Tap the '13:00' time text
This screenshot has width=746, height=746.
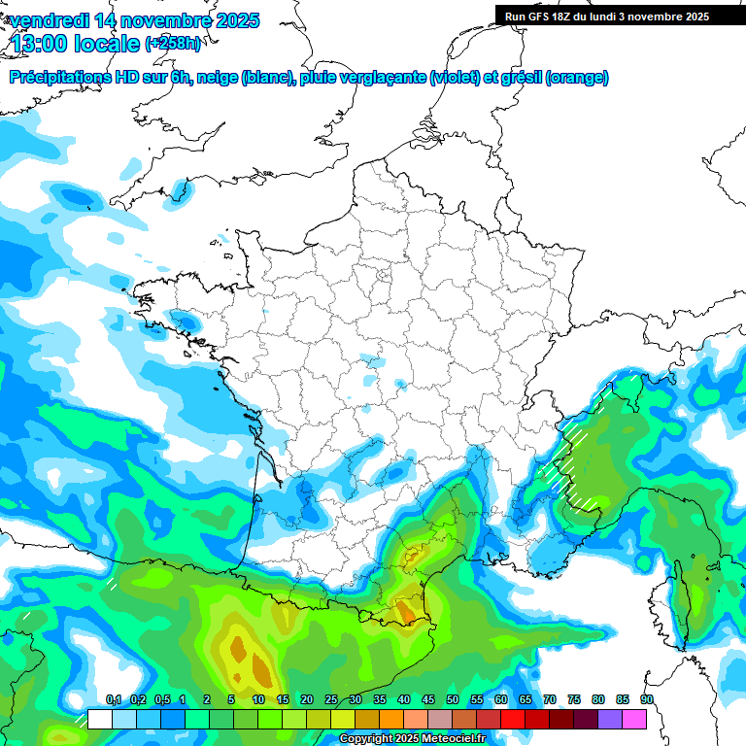42,43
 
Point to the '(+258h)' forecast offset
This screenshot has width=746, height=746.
173,44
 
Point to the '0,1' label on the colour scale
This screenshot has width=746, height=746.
113,700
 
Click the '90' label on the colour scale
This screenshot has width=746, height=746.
647,700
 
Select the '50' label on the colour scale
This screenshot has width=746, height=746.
453,700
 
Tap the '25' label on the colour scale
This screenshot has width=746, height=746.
331,700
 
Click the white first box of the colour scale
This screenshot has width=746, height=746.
99,719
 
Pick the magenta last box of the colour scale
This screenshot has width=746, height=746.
634,719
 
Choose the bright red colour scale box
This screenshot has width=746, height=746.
513,719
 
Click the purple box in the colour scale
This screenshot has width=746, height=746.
610,719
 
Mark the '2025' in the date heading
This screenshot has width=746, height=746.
234,20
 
